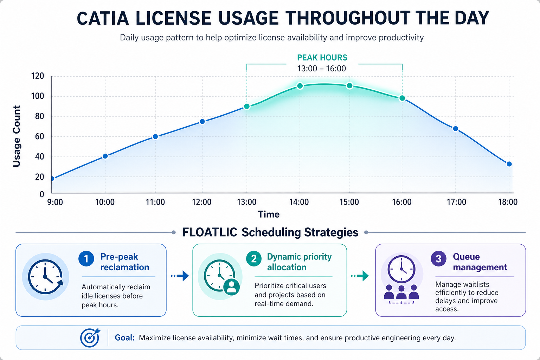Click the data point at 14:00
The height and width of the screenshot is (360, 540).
[300, 86]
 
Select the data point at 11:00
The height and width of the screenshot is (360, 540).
[155, 136]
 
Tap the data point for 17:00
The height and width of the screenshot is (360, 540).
[455, 129]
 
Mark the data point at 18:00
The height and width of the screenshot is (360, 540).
[509, 164]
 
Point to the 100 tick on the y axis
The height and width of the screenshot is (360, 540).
[38, 96]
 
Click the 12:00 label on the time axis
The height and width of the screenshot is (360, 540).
[202, 202]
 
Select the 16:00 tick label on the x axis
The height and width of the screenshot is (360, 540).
[402, 202]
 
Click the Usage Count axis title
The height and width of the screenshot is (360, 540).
[17, 136]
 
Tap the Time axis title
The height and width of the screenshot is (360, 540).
[269, 214]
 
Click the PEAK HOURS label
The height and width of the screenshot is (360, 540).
[322, 58]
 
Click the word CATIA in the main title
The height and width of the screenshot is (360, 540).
[103, 19]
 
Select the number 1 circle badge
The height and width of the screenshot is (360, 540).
[86, 259]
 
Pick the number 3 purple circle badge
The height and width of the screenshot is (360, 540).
[438, 259]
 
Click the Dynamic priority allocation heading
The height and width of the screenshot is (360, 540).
[299, 262]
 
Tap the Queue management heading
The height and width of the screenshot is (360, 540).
[480, 262]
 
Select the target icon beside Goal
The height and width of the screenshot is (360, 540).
[90, 338]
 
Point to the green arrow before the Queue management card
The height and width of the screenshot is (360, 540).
[360, 276]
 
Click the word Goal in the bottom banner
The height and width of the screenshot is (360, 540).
[124, 338]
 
